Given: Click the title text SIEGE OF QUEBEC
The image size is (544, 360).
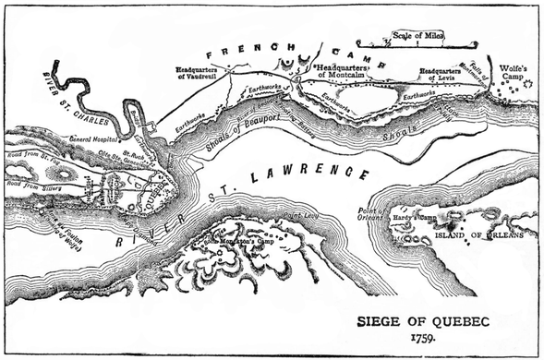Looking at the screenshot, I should [426, 322].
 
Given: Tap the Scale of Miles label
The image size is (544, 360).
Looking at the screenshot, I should [417, 35].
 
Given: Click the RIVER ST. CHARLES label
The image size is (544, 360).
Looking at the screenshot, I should [79, 98].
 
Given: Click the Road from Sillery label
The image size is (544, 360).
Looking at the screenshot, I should [34, 184].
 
